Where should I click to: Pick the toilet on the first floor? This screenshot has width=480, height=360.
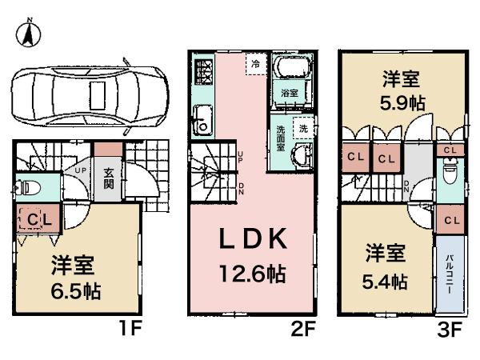(29, 189)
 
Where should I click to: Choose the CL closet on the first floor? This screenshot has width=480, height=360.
(36, 218)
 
